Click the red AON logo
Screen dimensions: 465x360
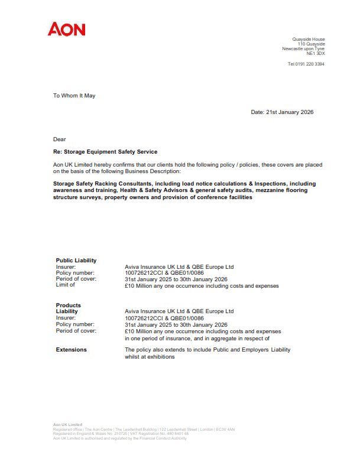click(67, 29)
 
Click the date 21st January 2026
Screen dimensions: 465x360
click(282, 112)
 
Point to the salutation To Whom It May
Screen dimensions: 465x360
click(74, 95)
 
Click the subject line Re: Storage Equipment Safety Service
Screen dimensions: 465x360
click(105, 152)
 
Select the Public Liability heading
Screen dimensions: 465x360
click(76, 261)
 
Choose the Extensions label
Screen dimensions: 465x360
click(71, 350)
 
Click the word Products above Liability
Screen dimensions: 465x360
click(69, 305)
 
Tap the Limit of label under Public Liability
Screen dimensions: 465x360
click(66, 285)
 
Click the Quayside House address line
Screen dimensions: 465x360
click(309, 40)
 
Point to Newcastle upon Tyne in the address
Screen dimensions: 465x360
click(303, 49)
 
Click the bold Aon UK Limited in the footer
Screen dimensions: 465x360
click(67, 425)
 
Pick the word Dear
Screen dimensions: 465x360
click(60, 139)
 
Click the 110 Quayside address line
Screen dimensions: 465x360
click(311, 44)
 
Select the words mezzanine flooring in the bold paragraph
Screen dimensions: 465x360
click(280, 191)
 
